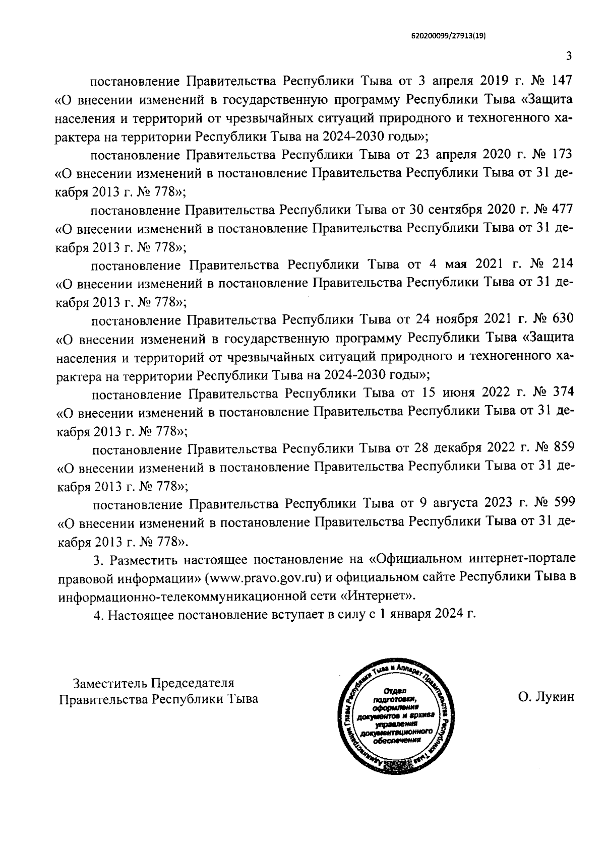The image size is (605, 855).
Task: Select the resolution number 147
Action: click(x=563, y=81)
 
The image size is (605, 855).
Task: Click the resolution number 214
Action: click(x=563, y=264)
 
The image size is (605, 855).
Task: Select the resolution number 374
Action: click(x=563, y=392)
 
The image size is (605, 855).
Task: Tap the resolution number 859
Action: click(x=564, y=447)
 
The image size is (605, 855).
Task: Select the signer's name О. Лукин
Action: click(x=546, y=698)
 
